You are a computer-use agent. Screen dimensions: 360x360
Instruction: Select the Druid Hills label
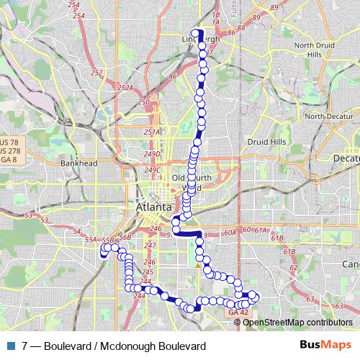pyautogui.click(x=266, y=143)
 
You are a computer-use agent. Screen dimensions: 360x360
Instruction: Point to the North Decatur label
pyautogui.click(x=328, y=116)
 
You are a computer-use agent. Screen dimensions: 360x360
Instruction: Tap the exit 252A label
pyautogui.click(x=126, y=88)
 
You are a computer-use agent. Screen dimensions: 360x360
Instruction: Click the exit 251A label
pyautogui.click(x=151, y=132)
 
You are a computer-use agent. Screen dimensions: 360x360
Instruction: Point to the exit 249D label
pyautogui.click(x=151, y=154)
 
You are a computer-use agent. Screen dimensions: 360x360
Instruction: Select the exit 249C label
pyautogui.click(x=152, y=170)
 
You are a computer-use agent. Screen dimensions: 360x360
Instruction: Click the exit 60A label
pyautogui.click(x=230, y=232)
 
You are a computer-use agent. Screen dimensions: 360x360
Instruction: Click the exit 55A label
pyautogui.click(x=90, y=239)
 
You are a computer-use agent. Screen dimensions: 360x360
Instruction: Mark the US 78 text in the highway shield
pyautogui.click(x=9, y=143)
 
